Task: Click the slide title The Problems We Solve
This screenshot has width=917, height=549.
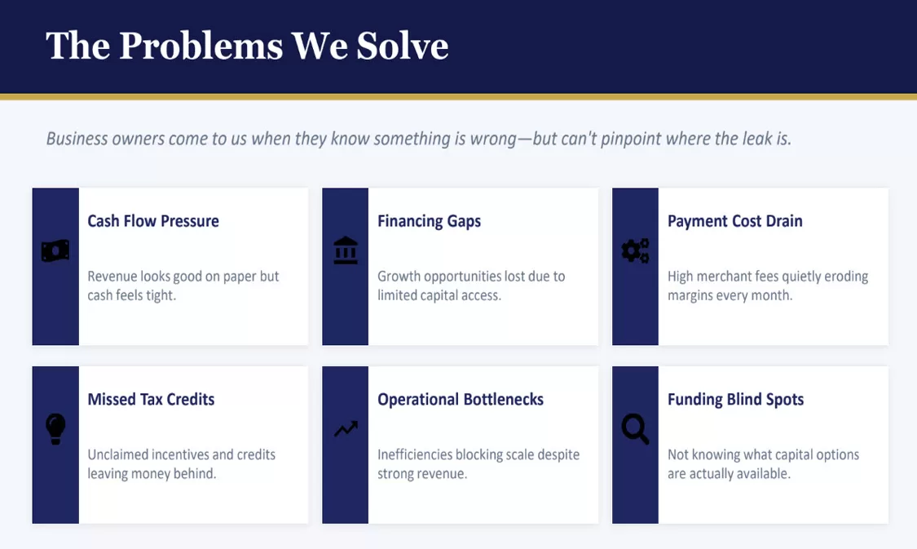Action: click(x=247, y=46)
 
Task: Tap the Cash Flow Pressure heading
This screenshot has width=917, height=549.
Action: click(x=153, y=220)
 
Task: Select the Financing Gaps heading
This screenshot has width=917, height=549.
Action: click(x=430, y=221)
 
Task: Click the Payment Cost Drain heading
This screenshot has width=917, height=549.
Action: click(x=735, y=220)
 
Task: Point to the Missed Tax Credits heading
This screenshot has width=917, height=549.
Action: click(x=151, y=399)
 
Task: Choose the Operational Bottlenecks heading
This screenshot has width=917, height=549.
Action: click(x=461, y=399)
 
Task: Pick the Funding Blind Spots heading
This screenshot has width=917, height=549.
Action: click(x=736, y=399)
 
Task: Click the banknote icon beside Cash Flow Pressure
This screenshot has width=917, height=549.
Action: click(x=55, y=251)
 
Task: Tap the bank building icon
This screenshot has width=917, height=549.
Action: click(x=346, y=250)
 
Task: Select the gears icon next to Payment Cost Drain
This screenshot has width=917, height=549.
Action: click(x=635, y=250)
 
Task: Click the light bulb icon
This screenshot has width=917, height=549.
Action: click(x=55, y=429)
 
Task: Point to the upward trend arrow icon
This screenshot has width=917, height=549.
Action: click(x=346, y=429)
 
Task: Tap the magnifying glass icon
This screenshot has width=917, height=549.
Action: click(x=635, y=429)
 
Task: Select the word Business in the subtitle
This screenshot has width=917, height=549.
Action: click(x=77, y=139)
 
